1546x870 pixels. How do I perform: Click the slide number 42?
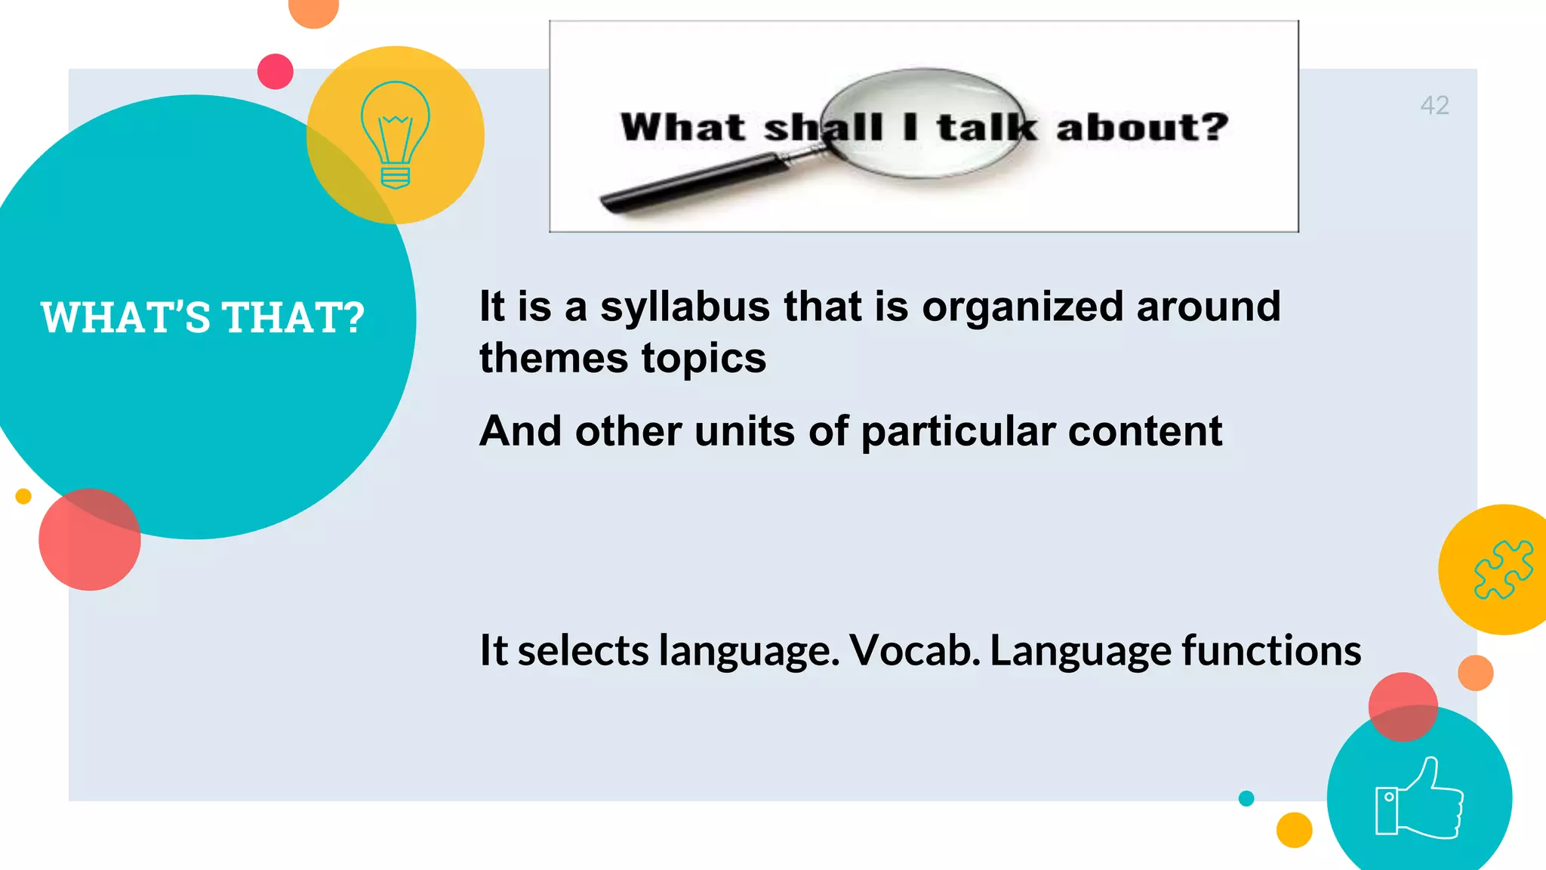pyautogui.click(x=1434, y=105)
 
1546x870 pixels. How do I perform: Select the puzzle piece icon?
pyautogui.click(x=1503, y=569)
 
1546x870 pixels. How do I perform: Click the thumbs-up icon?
pyautogui.click(x=1418, y=798)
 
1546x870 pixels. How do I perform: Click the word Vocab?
pyautogui.click(x=914, y=650)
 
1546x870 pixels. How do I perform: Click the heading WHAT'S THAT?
pyautogui.click(x=202, y=317)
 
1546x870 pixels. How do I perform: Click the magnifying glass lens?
pyautogui.click(x=924, y=125)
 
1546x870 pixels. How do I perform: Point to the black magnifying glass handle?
pyautogui.click(x=694, y=180)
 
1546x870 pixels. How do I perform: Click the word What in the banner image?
pyautogui.click(x=682, y=127)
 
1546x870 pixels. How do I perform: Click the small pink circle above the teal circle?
pyautogui.click(x=275, y=72)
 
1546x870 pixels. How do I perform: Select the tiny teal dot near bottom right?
pyautogui.click(x=1246, y=798)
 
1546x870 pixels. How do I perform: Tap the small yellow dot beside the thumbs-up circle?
pyautogui.click(x=1294, y=830)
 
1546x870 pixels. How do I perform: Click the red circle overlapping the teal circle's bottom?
pyautogui.click(x=89, y=539)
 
